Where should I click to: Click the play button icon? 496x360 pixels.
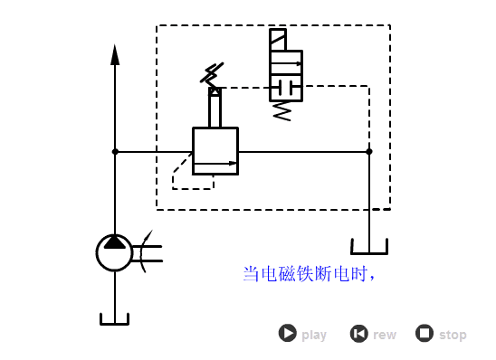(x=287, y=333)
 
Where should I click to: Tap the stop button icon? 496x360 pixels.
(x=424, y=333)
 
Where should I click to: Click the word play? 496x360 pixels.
(x=314, y=335)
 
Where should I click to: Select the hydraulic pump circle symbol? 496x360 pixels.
(x=115, y=252)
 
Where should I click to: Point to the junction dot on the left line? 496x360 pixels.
(x=115, y=152)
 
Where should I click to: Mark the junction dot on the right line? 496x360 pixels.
(x=368, y=152)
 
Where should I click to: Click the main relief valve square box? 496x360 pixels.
(x=215, y=150)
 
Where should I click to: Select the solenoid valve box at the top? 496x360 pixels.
(x=286, y=75)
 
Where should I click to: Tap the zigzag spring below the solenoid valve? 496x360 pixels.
(x=282, y=110)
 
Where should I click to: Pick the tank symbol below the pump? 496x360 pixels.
(x=114, y=318)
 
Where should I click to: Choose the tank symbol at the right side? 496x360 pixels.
(x=368, y=246)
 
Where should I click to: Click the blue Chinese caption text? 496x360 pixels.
(x=309, y=273)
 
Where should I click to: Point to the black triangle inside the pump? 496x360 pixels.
(x=115, y=242)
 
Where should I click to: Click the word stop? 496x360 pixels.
(x=453, y=335)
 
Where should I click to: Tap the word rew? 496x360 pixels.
(x=385, y=335)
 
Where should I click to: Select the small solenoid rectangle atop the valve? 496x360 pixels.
(x=278, y=40)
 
